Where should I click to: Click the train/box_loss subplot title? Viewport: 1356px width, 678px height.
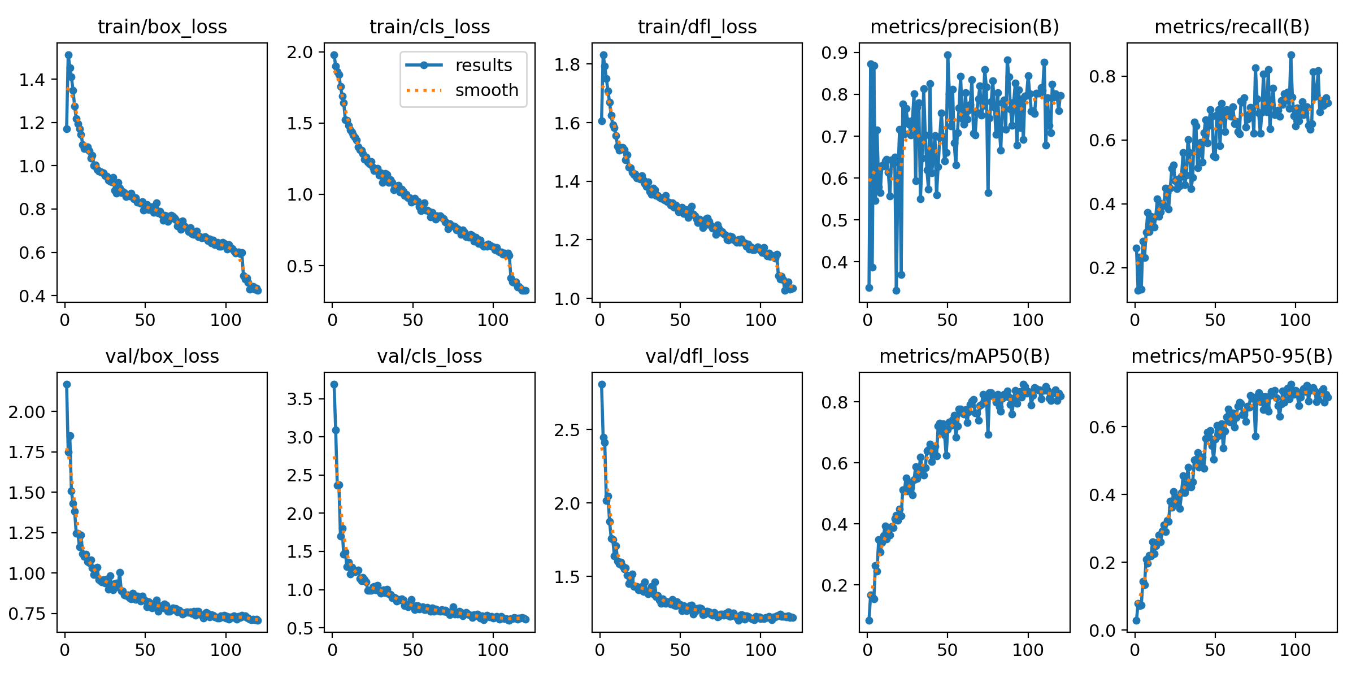(x=162, y=27)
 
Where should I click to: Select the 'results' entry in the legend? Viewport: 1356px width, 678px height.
(x=483, y=65)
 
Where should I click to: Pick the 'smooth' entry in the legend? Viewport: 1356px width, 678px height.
(x=486, y=90)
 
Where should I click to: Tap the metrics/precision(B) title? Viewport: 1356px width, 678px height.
(x=964, y=27)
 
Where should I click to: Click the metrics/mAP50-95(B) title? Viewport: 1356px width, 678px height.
(x=1232, y=356)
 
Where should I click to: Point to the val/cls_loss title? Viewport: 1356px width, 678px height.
(x=429, y=356)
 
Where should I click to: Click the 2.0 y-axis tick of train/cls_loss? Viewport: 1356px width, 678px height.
(x=299, y=53)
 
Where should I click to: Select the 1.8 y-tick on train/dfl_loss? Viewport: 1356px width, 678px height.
(x=567, y=65)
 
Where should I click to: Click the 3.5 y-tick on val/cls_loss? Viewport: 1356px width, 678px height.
(x=299, y=399)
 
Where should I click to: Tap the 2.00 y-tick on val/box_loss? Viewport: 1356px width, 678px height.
(x=27, y=412)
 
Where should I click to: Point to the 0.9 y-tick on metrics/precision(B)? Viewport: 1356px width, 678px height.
(x=835, y=53)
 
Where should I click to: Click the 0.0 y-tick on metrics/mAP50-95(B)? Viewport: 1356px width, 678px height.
(x=1102, y=631)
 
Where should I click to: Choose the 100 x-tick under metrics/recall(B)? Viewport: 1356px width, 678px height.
(x=1295, y=320)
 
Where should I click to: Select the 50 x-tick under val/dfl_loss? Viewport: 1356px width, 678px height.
(x=680, y=650)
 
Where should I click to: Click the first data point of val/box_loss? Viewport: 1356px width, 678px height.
(x=67, y=384)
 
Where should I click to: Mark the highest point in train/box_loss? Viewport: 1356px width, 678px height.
(x=68, y=55)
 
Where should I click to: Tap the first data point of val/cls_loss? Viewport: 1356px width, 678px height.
(x=334, y=384)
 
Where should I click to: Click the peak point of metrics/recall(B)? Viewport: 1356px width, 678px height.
(x=1291, y=55)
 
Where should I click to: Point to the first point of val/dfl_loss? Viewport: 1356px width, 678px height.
(x=602, y=384)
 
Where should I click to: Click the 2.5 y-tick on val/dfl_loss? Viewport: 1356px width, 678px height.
(x=567, y=430)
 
